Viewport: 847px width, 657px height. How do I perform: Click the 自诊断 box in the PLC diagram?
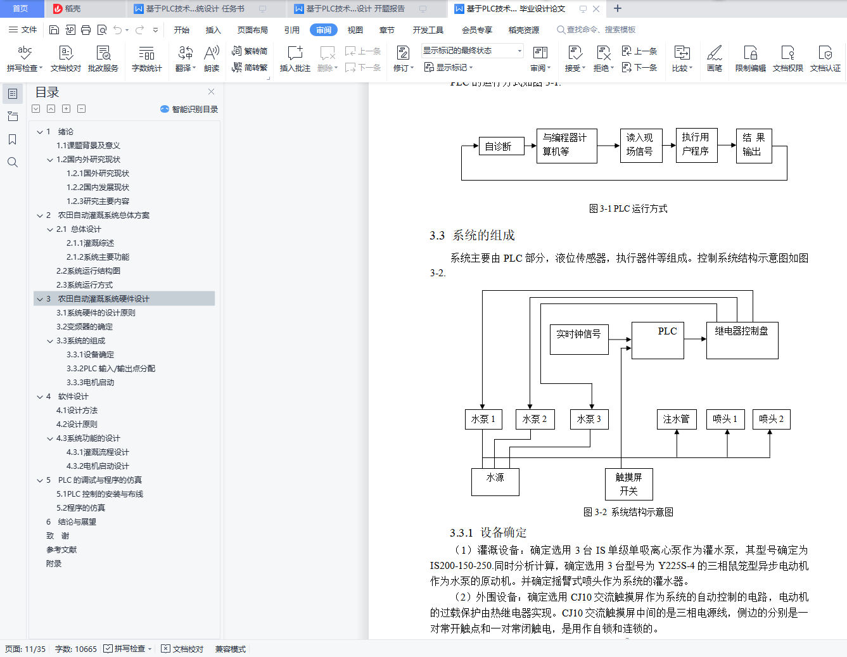501,146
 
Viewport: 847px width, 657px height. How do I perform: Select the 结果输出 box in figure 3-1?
753,145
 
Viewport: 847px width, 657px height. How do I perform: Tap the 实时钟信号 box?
578,339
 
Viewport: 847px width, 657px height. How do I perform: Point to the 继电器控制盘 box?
742,340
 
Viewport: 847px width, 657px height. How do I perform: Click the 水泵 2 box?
534,419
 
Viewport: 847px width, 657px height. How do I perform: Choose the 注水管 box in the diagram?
676,419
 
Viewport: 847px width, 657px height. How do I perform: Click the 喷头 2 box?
771,419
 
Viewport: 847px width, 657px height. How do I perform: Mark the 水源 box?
495,482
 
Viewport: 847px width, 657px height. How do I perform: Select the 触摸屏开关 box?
628,484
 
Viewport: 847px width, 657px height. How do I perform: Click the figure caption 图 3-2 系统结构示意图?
628,512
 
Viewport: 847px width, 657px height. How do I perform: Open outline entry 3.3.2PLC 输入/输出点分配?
111,369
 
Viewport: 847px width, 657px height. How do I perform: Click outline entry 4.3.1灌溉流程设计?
98,452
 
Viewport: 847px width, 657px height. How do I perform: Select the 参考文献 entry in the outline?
61,550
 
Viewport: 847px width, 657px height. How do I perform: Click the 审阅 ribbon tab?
324,30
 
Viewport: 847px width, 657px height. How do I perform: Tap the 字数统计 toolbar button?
146,58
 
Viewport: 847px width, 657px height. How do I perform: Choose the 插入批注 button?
295,58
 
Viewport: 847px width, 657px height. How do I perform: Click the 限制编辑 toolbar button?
750,58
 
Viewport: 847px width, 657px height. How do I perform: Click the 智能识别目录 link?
189,109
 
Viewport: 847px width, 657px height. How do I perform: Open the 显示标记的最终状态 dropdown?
473,51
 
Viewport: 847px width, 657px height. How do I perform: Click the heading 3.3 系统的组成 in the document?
472,235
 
